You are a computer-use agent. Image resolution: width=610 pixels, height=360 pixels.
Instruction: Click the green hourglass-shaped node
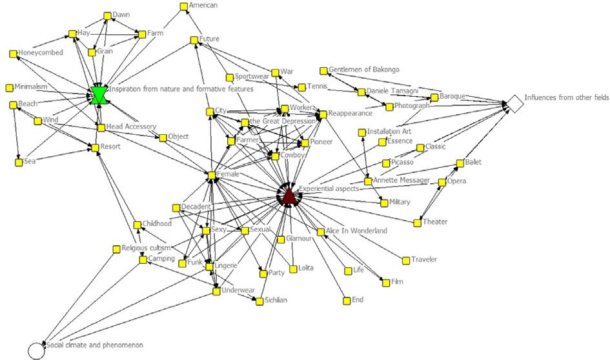coord(99,95)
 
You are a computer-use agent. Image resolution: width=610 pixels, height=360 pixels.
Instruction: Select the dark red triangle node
coord(289,195)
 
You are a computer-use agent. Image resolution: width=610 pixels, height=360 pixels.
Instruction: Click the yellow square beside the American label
coord(183,6)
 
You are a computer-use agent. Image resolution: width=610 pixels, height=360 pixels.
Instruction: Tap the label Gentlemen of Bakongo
coord(363,69)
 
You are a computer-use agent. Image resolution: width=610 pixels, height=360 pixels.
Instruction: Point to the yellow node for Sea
coord(18,162)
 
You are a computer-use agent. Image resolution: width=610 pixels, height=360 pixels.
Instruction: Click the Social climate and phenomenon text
coord(94,346)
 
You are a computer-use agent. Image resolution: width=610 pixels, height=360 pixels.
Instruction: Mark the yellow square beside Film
coord(385,283)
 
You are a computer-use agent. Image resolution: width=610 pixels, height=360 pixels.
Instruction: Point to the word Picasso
coord(402,162)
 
